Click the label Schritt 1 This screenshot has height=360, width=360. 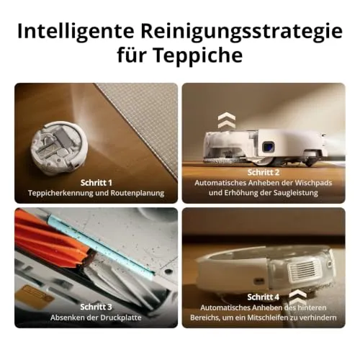click(96, 183)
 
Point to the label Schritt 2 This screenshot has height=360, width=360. click(264, 172)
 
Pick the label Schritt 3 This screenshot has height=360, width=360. click(96, 307)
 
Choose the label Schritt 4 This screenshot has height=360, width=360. click(264, 297)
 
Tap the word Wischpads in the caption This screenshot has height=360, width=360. click(313, 183)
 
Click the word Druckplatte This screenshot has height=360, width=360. click(121, 318)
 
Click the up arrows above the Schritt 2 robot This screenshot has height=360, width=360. click(226, 120)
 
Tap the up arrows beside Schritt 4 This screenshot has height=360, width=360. click(297, 297)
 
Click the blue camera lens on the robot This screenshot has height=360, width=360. click(267, 146)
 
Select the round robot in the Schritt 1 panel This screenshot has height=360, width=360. click(59, 147)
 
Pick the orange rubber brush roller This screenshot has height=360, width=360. click(50, 239)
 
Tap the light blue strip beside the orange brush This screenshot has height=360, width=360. click(100, 247)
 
